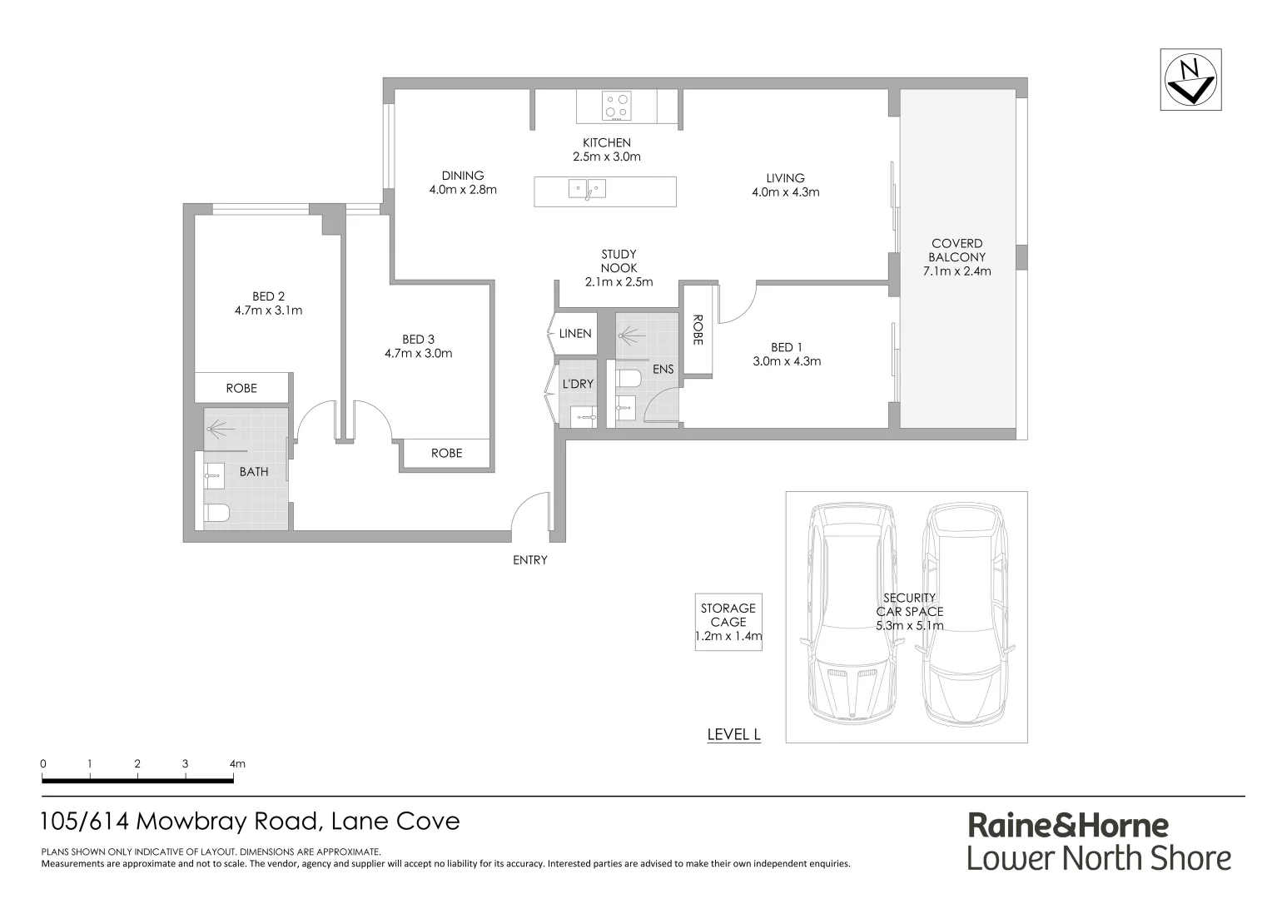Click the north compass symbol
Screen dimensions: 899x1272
[1190, 80]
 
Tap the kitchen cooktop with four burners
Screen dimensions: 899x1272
[617, 106]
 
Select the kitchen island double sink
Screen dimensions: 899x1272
[588, 189]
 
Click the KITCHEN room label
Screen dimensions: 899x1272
[606, 142]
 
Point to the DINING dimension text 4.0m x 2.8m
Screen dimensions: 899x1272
[463, 190]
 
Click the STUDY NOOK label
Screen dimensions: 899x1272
[619, 261]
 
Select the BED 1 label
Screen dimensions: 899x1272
[786, 347]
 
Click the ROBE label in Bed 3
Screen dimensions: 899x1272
[446, 454]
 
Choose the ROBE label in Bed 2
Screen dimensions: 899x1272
[241, 389]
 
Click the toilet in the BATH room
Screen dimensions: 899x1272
[216, 512]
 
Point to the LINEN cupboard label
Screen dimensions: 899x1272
[574, 334]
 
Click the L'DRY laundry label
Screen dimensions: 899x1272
[577, 384]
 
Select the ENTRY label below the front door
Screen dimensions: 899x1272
[529, 560]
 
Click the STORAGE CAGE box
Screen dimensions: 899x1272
[728, 622]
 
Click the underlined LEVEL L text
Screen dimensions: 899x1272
[733, 734]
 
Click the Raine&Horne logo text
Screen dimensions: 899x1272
[1068, 826]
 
